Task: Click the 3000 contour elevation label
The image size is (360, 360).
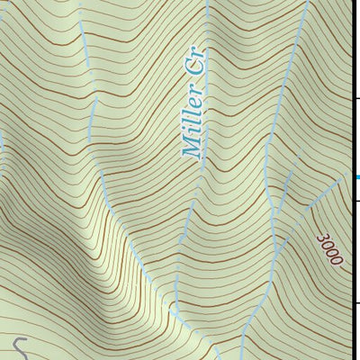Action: pyautogui.click(x=329, y=249)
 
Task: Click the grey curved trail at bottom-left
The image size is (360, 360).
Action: pyautogui.click(x=20, y=346)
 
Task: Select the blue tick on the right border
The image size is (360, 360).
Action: pyautogui.click(x=356, y=176)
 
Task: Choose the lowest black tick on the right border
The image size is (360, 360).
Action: pyautogui.click(x=356, y=303)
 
